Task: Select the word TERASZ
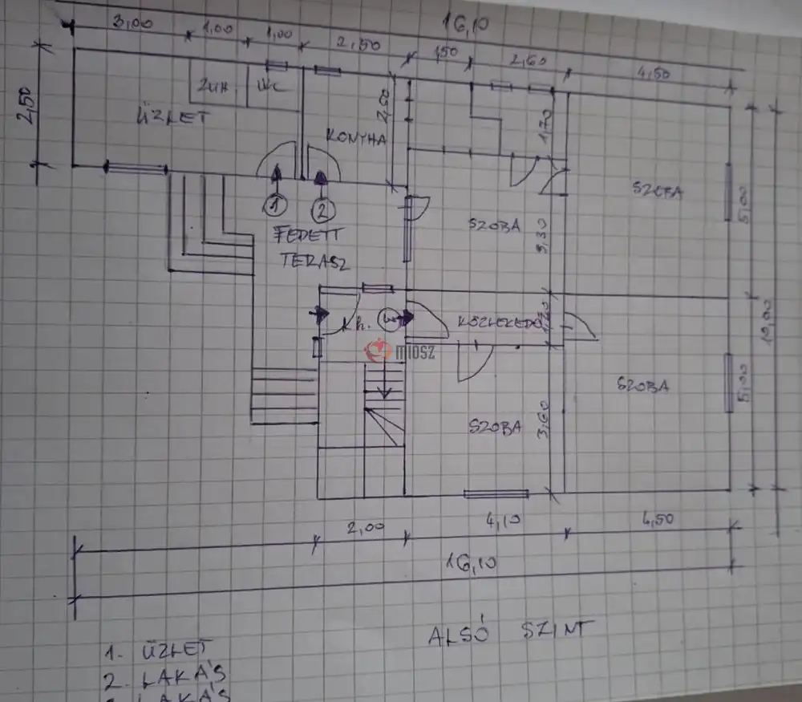click(314, 261)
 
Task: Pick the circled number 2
click(322, 211)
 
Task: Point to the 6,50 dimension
click(656, 519)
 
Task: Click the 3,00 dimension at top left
click(132, 23)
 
